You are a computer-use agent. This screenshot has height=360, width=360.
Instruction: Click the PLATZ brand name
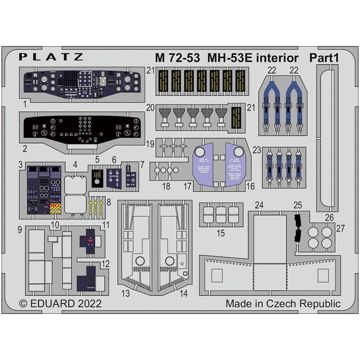point(51,57)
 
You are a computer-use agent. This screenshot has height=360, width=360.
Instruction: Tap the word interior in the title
point(277,58)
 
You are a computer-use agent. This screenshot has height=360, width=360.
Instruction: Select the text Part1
point(324,58)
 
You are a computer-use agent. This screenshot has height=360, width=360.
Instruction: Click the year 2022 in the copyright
point(90,303)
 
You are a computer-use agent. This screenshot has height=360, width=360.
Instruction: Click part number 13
point(125,293)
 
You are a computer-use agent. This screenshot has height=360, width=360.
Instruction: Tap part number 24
point(259,205)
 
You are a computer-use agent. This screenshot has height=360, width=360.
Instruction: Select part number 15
point(221,233)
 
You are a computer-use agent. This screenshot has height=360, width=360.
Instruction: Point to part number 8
point(109,202)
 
